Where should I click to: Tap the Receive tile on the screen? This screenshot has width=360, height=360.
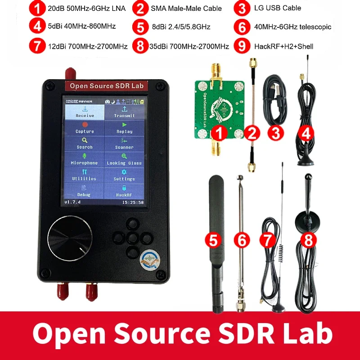point(85,112)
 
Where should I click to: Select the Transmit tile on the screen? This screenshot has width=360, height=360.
point(124,112)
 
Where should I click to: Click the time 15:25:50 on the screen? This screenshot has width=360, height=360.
point(133,202)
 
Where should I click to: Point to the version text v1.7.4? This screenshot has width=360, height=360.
point(72,202)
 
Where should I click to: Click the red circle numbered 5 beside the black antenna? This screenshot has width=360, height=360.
point(214,240)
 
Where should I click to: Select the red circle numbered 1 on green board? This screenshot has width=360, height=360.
point(219,133)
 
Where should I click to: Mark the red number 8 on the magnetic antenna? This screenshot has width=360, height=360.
point(308,241)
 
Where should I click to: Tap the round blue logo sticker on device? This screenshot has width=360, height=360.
point(149,260)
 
